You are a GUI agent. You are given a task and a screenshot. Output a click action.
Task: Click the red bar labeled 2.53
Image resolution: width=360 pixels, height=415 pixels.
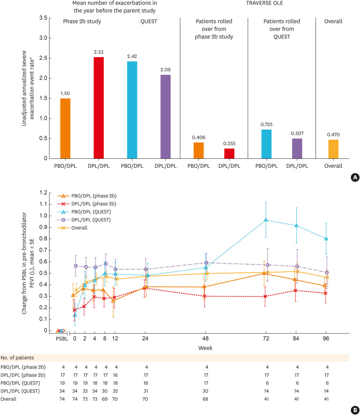click(x=98, y=108)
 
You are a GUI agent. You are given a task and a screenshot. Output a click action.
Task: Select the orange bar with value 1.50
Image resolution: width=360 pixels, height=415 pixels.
click(x=66, y=128)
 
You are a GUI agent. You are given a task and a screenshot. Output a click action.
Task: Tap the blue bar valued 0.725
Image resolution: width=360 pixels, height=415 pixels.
click(x=266, y=144)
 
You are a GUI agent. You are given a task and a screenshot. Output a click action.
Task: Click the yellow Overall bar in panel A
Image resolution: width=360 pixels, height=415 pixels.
click(x=333, y=149)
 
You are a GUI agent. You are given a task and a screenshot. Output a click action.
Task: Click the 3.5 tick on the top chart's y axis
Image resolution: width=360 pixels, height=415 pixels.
click(x=43, y=18)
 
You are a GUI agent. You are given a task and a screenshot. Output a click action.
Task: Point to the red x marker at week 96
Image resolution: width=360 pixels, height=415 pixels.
click(x=326, y=293)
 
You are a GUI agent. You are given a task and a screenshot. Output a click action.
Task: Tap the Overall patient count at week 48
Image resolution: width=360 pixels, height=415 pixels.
click(x=206, y=399)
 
